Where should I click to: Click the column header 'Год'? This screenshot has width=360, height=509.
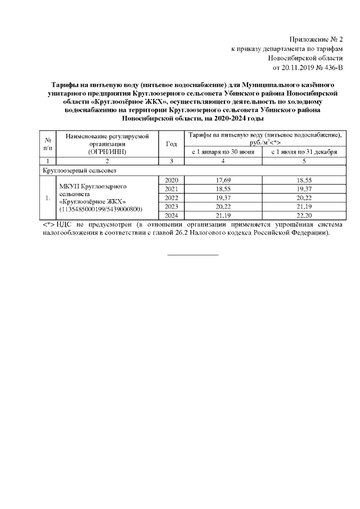[x=172, y=144]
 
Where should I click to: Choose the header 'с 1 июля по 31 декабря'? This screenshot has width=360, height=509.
[x=304, y=152]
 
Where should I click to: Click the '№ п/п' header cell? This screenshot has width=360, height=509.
[x=48, y=144]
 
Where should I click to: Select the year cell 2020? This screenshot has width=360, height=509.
[x=172, y=179]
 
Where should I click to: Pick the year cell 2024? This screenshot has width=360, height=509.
[x=172, y=215]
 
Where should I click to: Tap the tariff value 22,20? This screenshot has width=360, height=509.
[x=304, y=215]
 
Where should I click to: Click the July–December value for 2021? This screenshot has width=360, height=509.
[x=304, y=188]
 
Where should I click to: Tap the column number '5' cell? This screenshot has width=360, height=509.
[x=304, y=161]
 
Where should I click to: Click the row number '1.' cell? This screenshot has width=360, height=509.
[x=48, y=197]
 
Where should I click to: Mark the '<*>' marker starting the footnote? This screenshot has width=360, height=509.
[x=49, y=224]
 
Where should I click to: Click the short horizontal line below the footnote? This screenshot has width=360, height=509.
[x=193, y=255]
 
